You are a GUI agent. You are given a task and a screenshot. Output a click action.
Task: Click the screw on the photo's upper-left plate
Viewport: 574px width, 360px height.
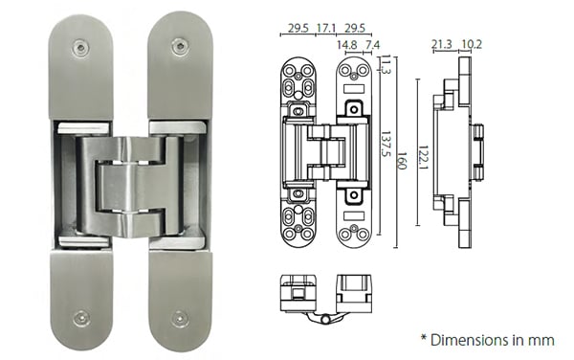(x=81, y=47)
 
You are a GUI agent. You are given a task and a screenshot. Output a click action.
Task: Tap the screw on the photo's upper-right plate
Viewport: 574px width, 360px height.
(x=180, y=45)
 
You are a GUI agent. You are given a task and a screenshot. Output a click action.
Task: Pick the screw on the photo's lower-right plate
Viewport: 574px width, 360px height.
(x=179, y=317)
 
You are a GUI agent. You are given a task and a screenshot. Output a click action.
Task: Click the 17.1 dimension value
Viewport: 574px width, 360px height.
(x=325, y=29)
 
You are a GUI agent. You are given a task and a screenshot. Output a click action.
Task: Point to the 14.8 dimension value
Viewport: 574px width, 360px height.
(x=347, y=44)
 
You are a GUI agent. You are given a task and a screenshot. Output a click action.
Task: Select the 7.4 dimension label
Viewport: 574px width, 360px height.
(x=371, y=44)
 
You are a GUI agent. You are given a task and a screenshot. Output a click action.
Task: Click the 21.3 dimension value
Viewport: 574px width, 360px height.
(x=442, y=44)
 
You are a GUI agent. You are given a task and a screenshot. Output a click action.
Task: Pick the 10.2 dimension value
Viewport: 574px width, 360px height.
(x=471, y=44)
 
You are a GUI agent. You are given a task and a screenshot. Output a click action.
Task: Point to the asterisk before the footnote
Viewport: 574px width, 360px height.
(x=424, y=338)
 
